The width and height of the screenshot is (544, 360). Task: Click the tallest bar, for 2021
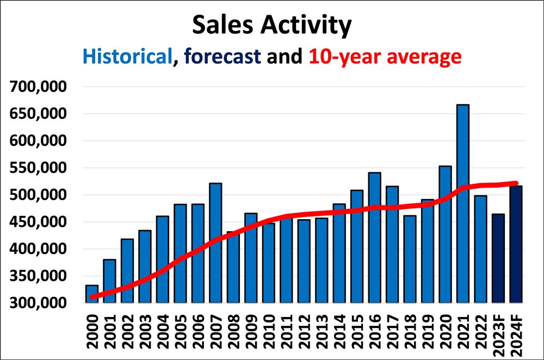463,203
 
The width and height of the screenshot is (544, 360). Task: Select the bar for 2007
215,243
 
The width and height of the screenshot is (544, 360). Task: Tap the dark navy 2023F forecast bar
498,258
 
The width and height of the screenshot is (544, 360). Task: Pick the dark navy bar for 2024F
516,245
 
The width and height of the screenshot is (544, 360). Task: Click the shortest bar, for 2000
92,294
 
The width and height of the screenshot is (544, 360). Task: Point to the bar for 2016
375,238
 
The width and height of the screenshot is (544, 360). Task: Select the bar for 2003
145,266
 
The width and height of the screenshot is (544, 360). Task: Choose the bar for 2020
445,234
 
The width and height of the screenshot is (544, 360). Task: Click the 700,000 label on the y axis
38,86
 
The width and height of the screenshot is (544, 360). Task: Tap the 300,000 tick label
38,303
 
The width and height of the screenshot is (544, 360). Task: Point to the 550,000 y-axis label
38,167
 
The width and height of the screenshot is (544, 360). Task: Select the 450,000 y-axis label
38,222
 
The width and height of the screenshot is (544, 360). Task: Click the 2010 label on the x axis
269,332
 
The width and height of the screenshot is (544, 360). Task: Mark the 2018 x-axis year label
410,332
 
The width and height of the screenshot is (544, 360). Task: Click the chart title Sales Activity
272,26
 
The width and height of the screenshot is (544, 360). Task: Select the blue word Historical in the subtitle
127,56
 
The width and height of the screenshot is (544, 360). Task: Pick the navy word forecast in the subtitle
222,56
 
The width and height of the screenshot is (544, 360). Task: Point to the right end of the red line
516,183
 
